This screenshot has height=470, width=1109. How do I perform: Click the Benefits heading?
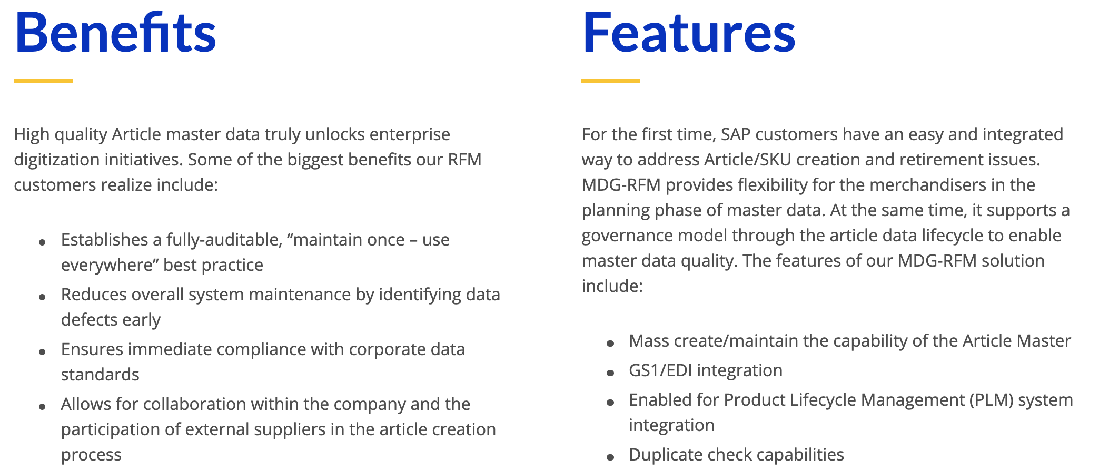coord(115,33)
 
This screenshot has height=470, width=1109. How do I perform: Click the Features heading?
coord(689,33)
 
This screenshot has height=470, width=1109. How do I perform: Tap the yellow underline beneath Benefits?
coord(43,81)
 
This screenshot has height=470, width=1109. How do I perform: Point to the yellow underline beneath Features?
coord(611,81)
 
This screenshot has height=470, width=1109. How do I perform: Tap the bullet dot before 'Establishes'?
coord(42,242)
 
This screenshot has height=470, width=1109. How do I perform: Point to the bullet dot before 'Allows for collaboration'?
coord(42,407)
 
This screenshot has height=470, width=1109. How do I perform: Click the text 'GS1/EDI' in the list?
coord(660,370)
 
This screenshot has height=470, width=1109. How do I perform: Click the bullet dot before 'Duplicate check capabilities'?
coord(610,457)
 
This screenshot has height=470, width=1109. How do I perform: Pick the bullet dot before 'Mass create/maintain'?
coord(610,344)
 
